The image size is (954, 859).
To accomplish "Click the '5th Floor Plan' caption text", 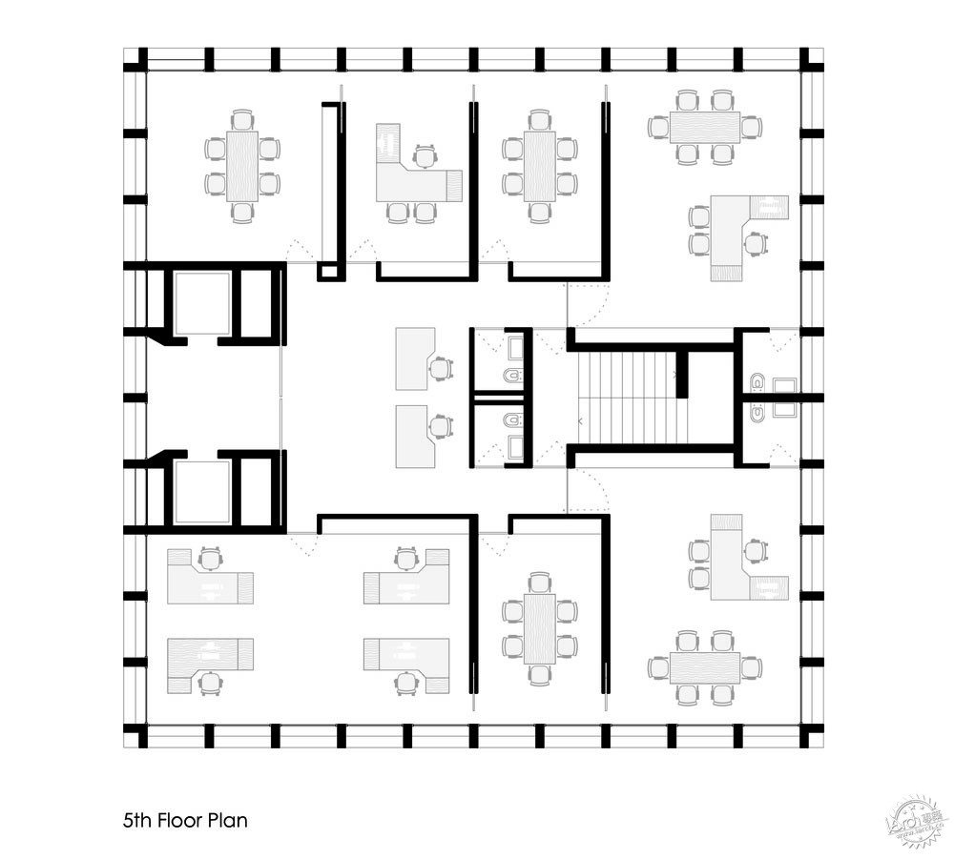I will pos(186,819).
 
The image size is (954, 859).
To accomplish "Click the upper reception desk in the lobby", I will pos(414,358).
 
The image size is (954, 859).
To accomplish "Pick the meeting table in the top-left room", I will pos(242,166).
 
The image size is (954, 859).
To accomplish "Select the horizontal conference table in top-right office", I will pos(705,126).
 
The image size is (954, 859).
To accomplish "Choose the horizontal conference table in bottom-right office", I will pos(705,667).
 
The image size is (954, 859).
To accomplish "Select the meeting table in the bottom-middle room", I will pos(540,628).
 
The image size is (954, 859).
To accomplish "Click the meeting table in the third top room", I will pos(540,166).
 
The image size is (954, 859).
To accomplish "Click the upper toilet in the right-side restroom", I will pos(757,384).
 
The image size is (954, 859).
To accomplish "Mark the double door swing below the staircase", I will pos(587,491).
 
